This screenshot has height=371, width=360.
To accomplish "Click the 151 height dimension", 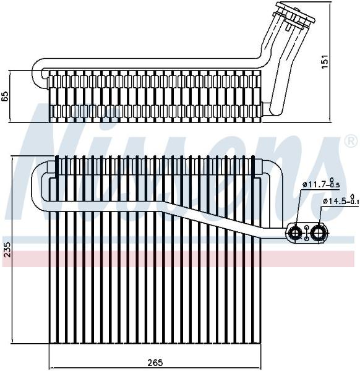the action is pyautogui.click(x=326, y=61).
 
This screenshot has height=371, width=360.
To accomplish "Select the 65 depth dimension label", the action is pyautogui.click(x=5, y=96).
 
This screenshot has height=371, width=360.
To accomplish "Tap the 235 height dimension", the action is pyautogui.click(x=7, y=249).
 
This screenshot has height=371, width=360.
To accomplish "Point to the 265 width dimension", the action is pyautogui.click(x=155, y=362).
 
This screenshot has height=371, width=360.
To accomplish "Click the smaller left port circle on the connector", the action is pyautogui.click(x=296, y=233).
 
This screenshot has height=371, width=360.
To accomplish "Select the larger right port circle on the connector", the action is pyautogui.click(x=317, y=233).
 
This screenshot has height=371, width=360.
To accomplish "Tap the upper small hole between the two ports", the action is pyautogui.click(x=307, y=228).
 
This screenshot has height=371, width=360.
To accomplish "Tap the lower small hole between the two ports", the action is pyautogui.click(x=307, y=239).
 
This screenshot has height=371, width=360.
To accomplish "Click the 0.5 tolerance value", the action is pyautogui.click(x=336, y=185).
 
